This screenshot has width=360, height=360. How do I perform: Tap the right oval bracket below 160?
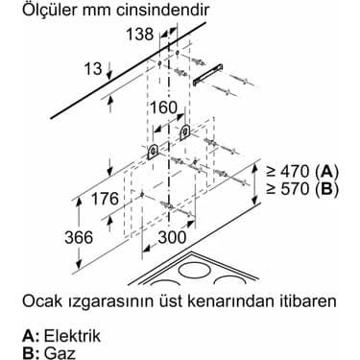184,130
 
